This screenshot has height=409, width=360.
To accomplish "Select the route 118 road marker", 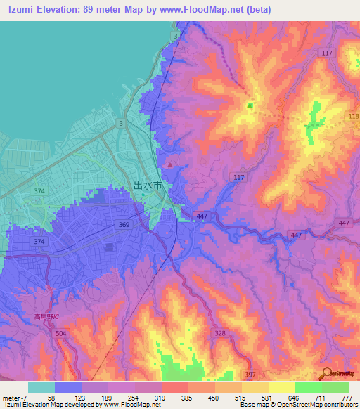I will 353,115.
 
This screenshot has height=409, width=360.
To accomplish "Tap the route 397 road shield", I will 250,375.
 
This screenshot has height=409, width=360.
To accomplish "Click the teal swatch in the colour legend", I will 41,387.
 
